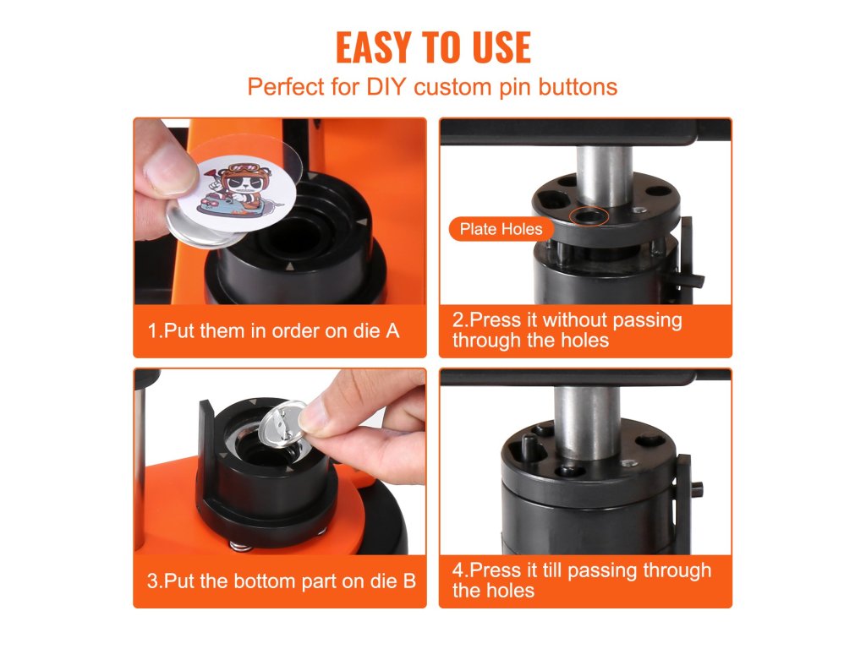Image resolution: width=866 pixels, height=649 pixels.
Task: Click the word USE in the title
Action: tap(502, 47)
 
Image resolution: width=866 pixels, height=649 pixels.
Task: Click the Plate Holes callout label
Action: tap(501, 229)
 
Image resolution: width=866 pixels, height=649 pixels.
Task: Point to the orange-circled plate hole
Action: tap(589, 215)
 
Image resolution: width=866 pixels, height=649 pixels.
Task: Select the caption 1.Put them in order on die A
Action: tap(273, 331)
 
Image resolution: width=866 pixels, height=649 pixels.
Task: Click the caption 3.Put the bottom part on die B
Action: tap(281, 581)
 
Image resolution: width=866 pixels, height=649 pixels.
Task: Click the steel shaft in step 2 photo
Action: tap(604, 176)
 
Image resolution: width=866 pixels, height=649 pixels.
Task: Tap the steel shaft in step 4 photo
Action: tap(587, 423)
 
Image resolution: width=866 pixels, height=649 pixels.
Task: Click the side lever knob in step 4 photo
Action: tap(698, 488)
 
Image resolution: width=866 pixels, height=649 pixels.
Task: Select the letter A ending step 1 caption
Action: tap(392, 331)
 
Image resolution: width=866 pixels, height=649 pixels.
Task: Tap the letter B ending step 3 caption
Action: tap(409, 581)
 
